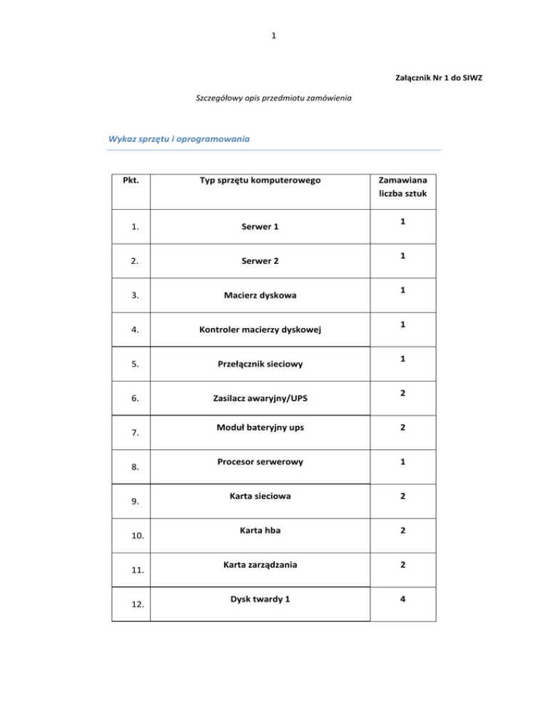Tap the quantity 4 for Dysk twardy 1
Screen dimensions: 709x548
click(403, 598)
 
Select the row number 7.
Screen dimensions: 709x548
click(131, 433)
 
